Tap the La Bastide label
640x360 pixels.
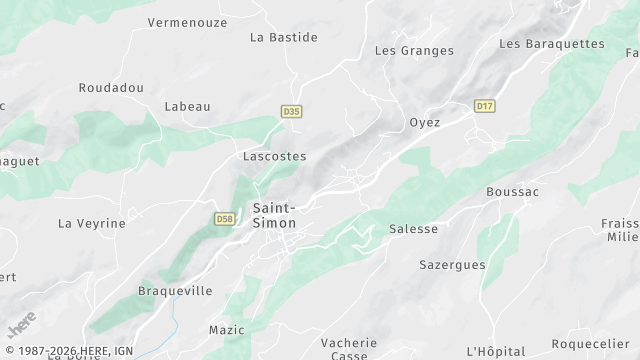(x=283, y=38)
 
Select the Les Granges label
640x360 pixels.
(x=414, y=51)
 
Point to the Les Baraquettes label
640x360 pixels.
(x=552, y=44)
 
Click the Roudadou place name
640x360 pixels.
(x=111, y=88)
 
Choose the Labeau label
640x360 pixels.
(x=187, y=107)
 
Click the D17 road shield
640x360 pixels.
(x=485, y=105)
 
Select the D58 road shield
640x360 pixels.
(x=225, y=217)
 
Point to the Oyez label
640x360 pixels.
(x=425, y=123)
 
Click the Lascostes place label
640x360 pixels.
(x=274, y=157)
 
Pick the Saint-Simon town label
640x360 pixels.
(x=274, y=216)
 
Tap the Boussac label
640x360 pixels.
(x=512, y=192)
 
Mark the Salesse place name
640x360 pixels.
(x=413, y=229)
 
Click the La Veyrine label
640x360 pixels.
(x=92, y=224)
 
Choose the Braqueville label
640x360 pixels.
(x=175, y=292)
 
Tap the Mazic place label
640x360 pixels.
(x=226, y=330)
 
